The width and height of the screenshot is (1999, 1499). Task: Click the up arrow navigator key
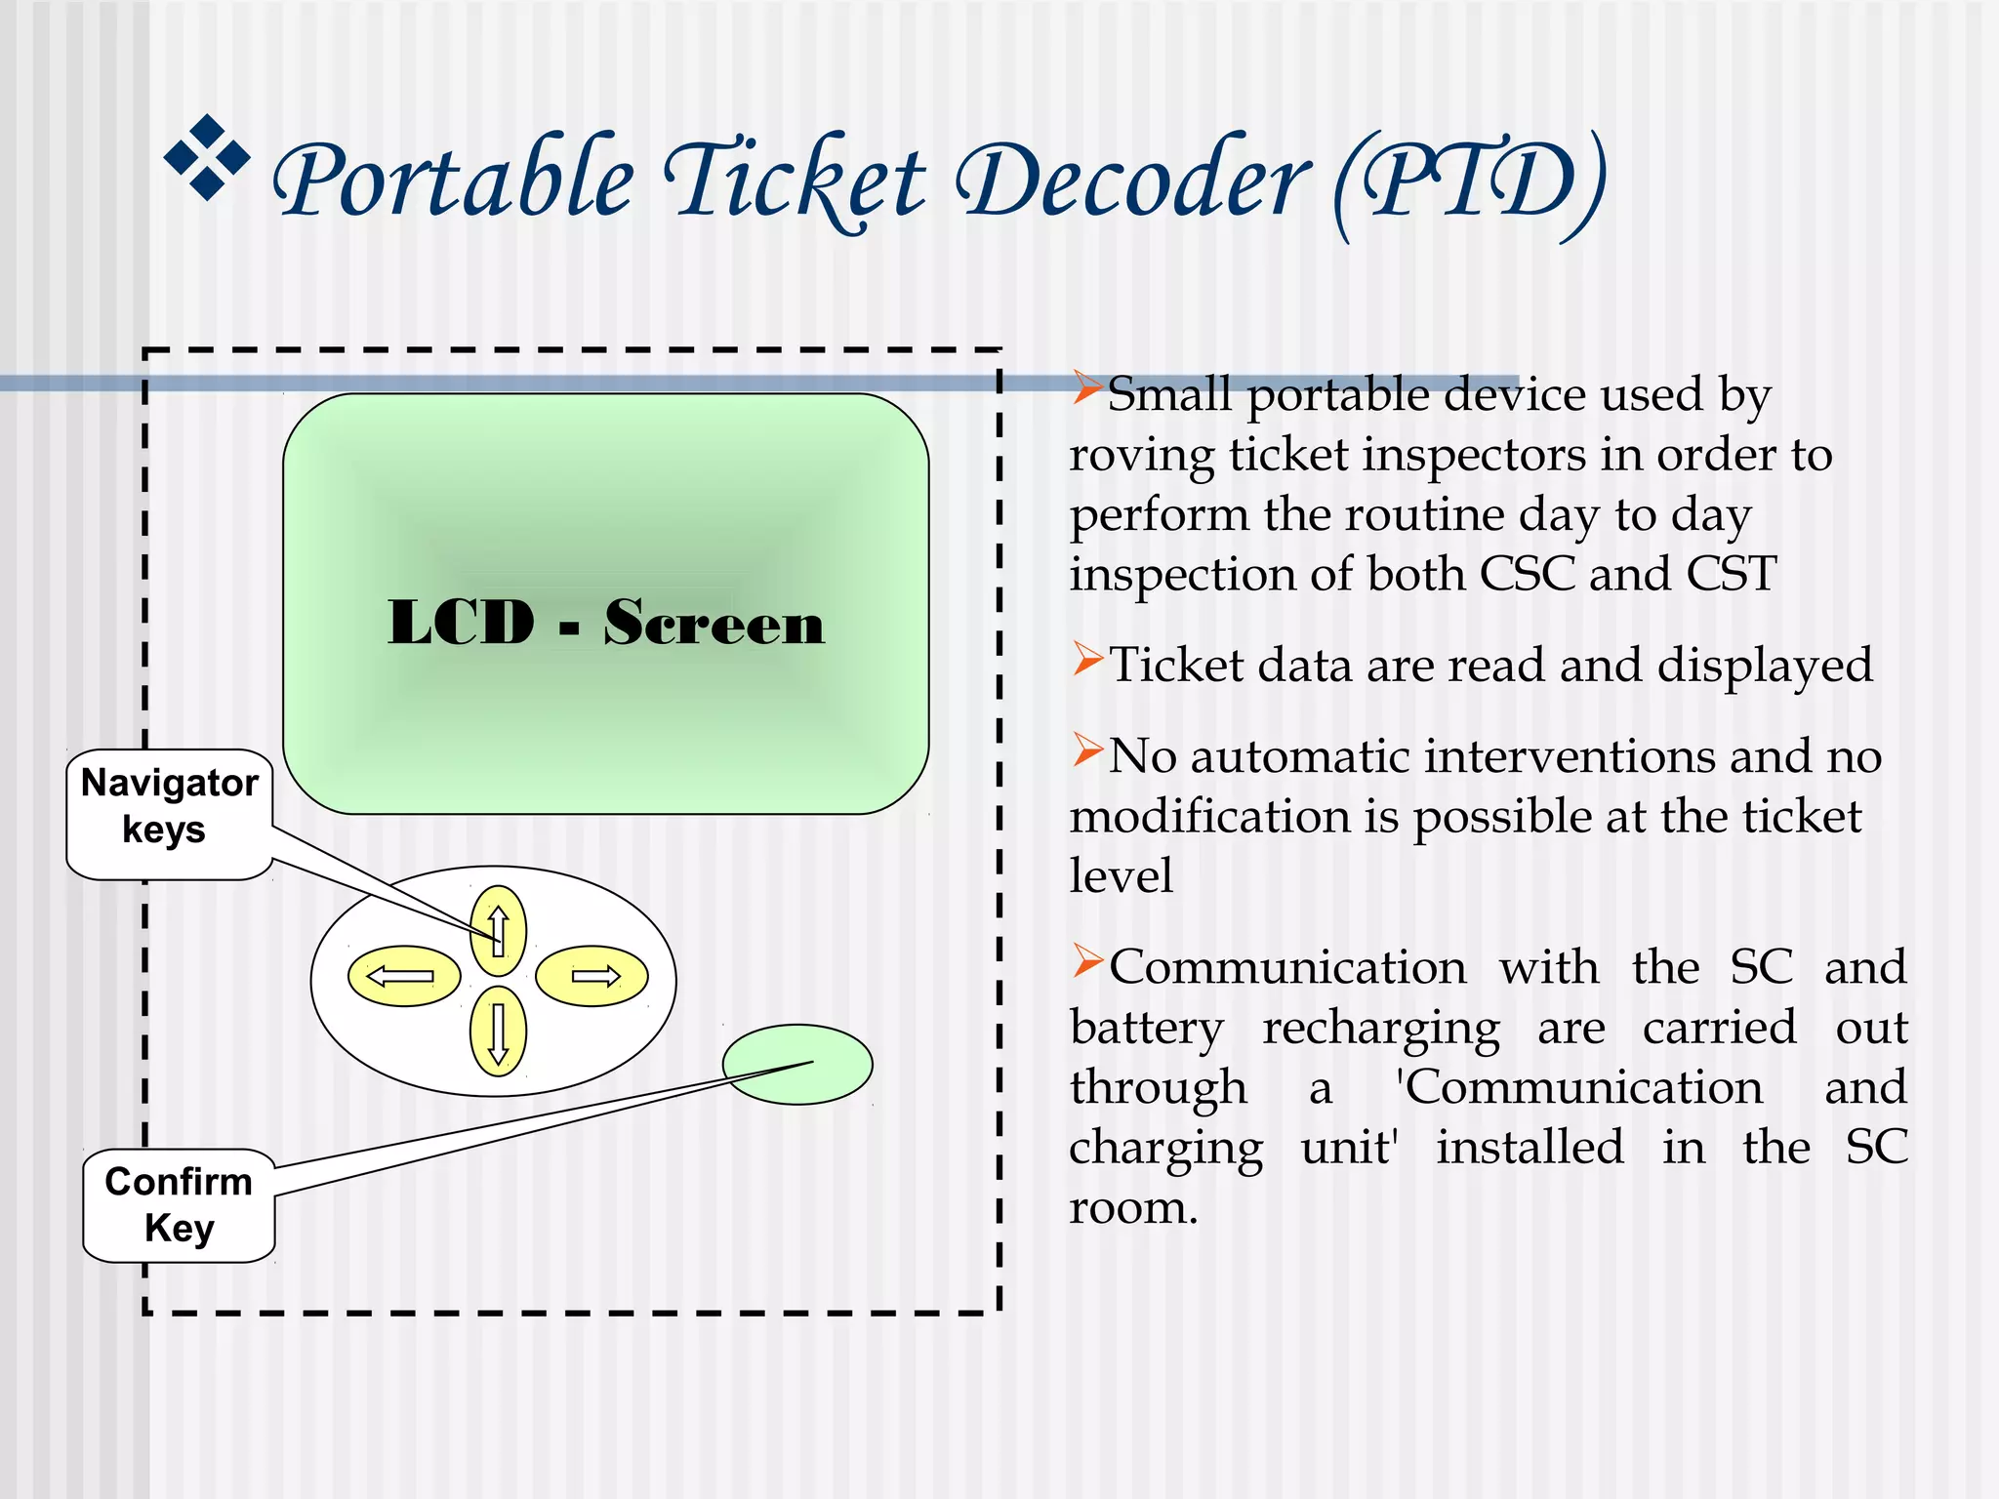point(498,930)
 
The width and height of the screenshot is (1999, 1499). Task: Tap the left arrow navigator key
point(404,976)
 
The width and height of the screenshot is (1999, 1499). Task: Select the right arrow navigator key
point(592,976)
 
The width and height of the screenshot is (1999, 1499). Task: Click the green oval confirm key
point(797,1065)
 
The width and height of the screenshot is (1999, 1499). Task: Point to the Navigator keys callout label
point(169,806)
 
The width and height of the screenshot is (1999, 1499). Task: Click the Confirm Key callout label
point(179,1204)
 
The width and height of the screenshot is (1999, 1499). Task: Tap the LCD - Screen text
point(606,622)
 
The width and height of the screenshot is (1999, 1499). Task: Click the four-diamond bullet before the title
point(207,156)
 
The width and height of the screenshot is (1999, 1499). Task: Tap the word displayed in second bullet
point(1765,667)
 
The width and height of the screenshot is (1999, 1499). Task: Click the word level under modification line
point(1120,874)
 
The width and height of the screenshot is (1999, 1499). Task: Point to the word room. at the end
point(1132,1208)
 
